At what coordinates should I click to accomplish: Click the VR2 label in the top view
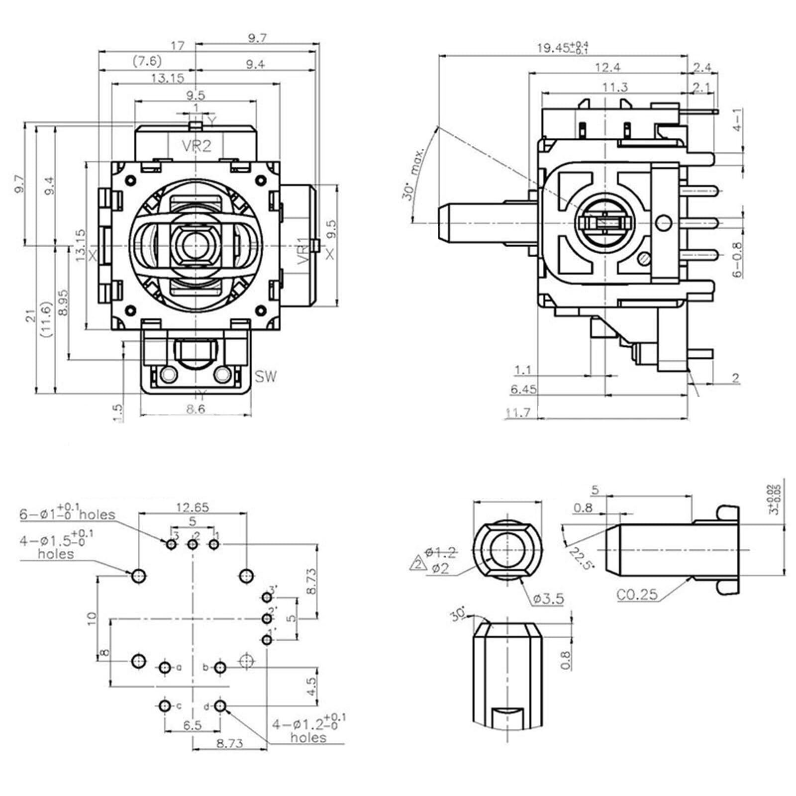click(196, 146)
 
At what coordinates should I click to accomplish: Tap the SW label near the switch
click(266, 377)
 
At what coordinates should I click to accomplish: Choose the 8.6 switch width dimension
click(195, 409)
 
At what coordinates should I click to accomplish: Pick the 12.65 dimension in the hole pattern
click(192, 507)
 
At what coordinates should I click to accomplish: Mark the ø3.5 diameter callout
click(548, 598)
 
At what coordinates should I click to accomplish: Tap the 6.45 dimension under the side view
click(523, 389)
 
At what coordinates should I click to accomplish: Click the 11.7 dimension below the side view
click(518, 412)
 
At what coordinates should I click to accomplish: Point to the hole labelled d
click(220, 705)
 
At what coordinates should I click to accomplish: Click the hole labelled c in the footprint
click(165, 705)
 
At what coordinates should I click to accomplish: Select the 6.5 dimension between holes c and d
click(192, 725)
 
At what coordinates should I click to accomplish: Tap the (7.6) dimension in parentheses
click(147, 61)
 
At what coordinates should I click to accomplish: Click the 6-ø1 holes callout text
click(67, 513)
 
